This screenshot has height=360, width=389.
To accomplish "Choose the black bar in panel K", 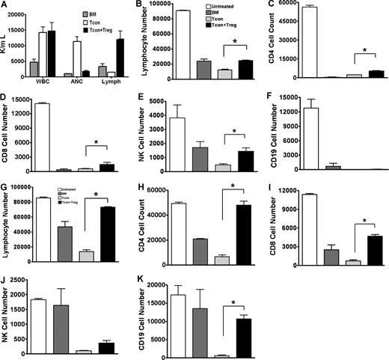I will tap(241, 335).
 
